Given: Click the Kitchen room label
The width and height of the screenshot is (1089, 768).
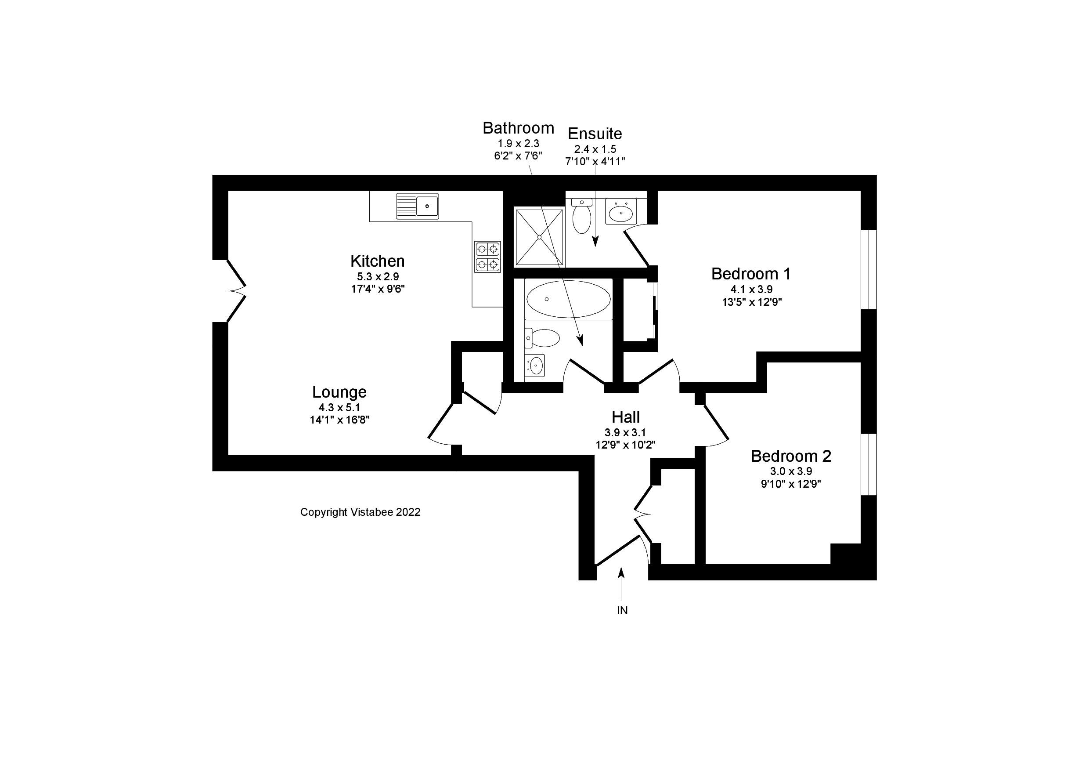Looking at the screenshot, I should [377, 261].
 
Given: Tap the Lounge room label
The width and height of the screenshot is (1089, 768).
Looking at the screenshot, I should [339, 392].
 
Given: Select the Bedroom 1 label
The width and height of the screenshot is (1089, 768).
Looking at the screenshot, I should [751, 274].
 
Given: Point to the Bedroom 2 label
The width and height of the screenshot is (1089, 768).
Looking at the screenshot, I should [791, 456].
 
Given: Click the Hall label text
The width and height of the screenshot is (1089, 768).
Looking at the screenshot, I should [626, 417].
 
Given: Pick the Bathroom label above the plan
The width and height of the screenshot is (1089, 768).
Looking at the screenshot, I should [518, 128].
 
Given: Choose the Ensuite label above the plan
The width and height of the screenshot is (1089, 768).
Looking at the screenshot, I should [595, 134].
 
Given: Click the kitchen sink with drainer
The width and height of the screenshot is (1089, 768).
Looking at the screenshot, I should [418, 206].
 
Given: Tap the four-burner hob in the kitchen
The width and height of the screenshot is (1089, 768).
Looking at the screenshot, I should [487, 256].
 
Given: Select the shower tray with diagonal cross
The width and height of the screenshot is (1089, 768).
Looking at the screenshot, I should [539, 237].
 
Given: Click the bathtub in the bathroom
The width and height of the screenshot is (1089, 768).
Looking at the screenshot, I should [568, 299].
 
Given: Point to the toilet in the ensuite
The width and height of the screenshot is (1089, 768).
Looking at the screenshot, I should [581, 217].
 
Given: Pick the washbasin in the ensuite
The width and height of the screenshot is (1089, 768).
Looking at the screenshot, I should [620, 212].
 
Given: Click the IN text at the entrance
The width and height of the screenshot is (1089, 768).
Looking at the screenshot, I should [622, 610].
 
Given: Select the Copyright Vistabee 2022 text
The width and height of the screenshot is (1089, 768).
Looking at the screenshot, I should [360, 512].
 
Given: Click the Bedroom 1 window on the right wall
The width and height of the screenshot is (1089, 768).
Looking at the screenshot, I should [869, 269].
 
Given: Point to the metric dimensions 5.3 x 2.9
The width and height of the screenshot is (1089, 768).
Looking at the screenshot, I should [378, 276].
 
